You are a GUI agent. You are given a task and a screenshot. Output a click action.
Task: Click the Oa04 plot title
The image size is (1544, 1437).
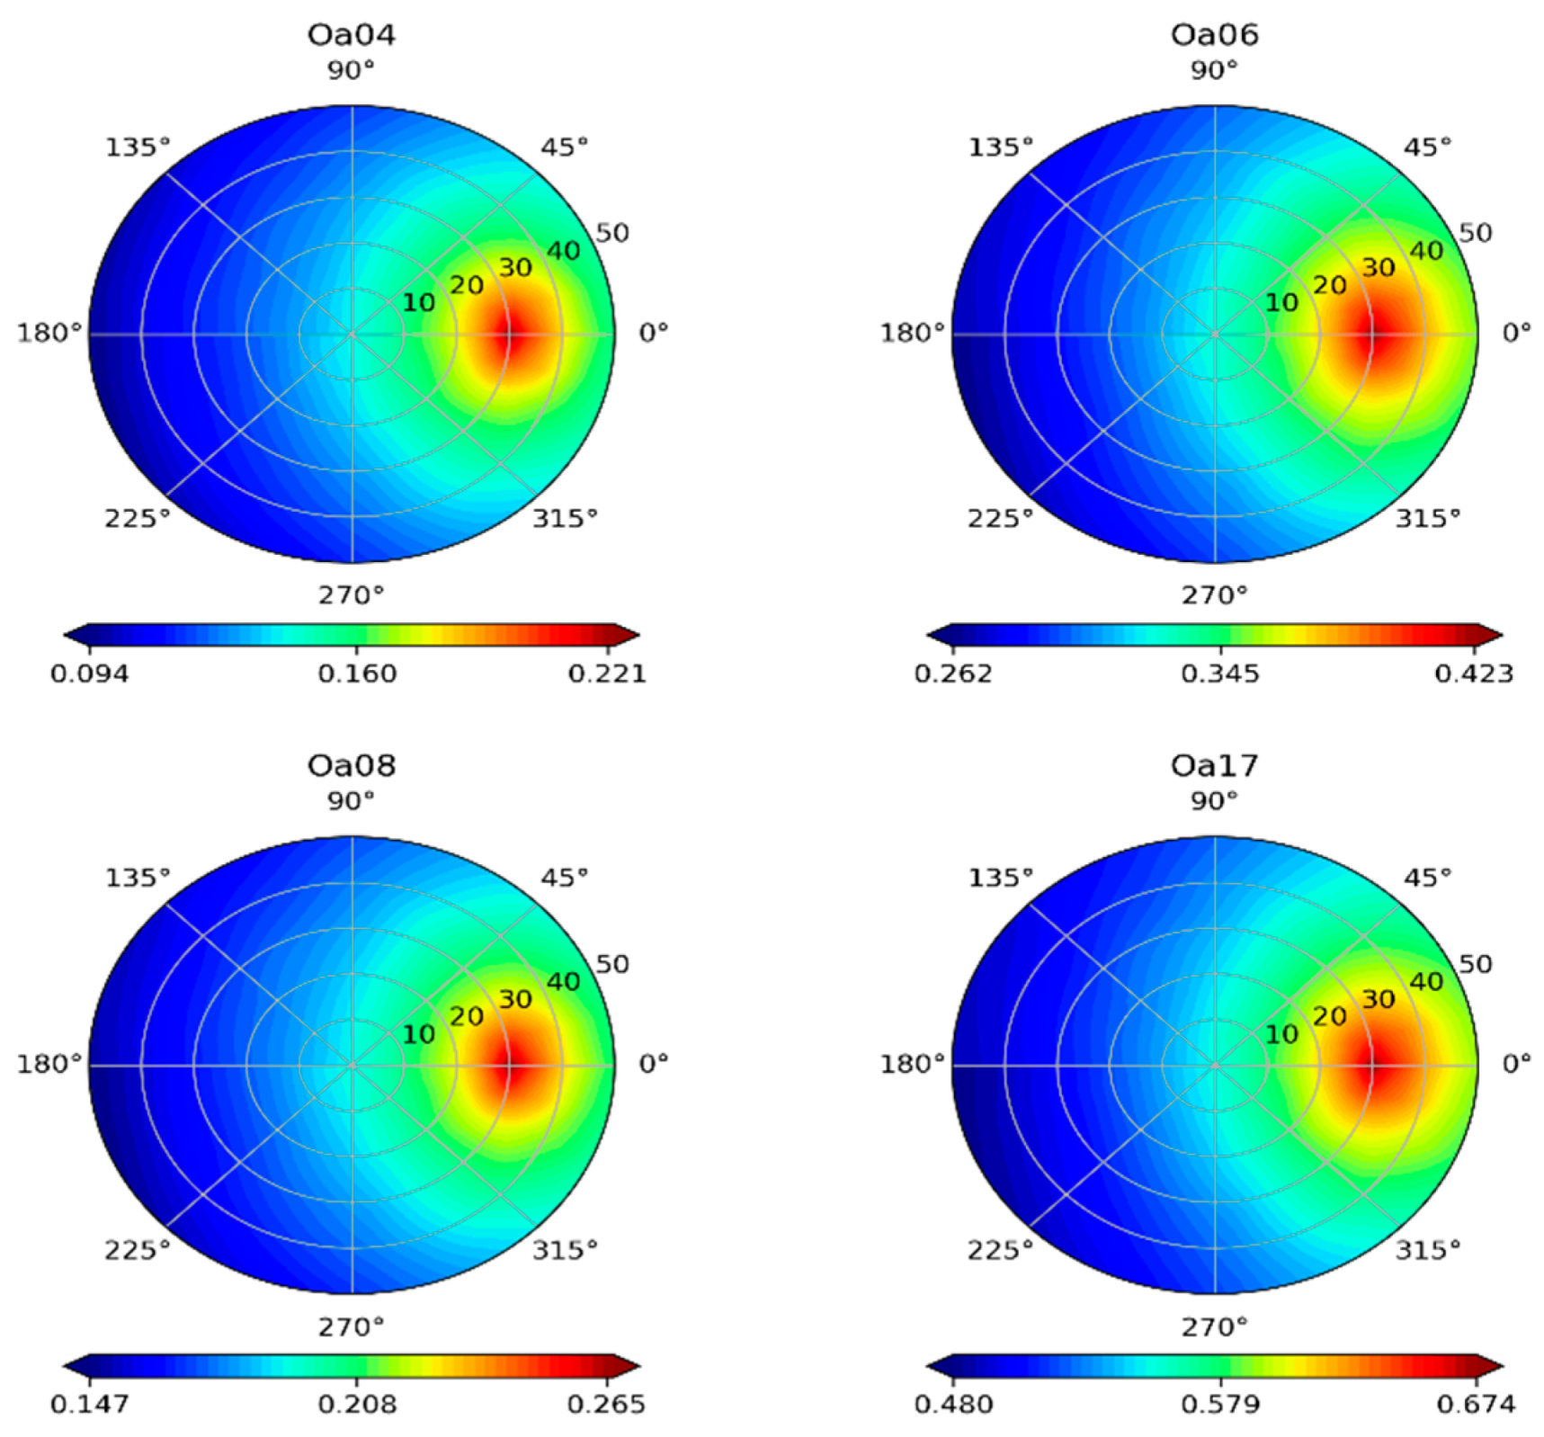click(x=351, y=35)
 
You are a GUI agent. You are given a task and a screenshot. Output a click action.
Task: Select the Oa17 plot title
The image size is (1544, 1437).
click(x=1214, y=766)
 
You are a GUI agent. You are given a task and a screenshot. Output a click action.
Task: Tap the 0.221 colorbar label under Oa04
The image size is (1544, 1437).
click(x=607, y=674)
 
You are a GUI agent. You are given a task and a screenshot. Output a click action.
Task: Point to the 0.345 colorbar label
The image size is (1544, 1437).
click(x=1220, y=674)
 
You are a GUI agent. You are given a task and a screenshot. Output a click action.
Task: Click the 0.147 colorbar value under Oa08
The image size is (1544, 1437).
click(x=89, y=1405)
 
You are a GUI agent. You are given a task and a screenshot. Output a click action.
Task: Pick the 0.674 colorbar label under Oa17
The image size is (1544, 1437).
click(x=1476, y=1405)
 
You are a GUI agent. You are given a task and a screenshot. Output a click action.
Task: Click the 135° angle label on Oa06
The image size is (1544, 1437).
click(x=1000, y=147)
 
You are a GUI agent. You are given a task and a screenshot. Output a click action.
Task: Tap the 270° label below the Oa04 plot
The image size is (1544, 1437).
click(x=351, y=595)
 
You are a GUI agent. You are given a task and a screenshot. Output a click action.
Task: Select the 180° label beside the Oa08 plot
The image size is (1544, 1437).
click(x=49, y=1065)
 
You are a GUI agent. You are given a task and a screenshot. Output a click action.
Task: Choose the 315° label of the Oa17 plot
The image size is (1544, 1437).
click(x=1428, y=1250)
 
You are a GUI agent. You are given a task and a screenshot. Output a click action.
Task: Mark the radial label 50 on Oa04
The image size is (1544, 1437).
click(x=612, y=233)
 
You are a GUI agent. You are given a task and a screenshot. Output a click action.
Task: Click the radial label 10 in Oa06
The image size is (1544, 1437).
click(x=1281, y=303)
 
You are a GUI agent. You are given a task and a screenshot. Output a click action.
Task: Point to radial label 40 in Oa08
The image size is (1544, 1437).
click(x=564, y=982)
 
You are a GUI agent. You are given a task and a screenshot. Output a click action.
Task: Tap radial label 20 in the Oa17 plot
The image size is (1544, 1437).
click(x=1330, y=1016)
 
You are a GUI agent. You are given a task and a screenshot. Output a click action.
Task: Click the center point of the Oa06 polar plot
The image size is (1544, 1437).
click(x=1215, y=335)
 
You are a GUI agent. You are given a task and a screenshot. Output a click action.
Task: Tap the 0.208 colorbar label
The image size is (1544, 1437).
click(x=357, y=1405)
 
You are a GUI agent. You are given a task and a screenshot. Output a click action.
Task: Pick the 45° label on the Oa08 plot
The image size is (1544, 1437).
click(x=565, y=878)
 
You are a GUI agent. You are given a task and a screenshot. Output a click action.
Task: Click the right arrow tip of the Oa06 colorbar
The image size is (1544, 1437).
click(x=1500, y=636)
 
